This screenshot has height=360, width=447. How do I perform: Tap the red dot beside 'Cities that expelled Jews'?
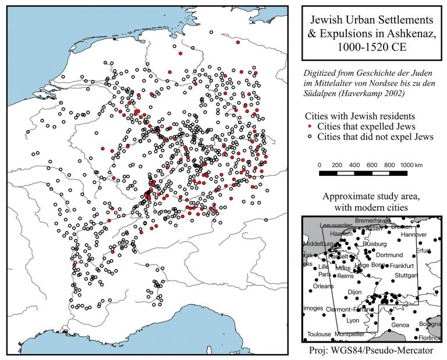(310, 126)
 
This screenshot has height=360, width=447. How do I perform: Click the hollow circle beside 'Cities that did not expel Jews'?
(310, 136)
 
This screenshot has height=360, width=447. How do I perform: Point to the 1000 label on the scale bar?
(406, 165)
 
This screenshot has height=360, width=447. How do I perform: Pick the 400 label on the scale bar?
(354, 165)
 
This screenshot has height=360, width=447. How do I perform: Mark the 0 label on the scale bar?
(320, 165)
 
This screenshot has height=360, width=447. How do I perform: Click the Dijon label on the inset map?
(354, 291)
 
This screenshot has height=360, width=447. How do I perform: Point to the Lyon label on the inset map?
(353, 320)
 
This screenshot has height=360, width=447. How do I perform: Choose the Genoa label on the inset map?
(401, 324)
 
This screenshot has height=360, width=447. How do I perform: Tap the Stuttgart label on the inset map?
(406, 275)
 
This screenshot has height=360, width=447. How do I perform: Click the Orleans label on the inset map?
(324, 287)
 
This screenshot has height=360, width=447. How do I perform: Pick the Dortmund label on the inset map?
(390, 255)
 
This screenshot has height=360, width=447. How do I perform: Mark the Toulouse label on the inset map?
(319, 334)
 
